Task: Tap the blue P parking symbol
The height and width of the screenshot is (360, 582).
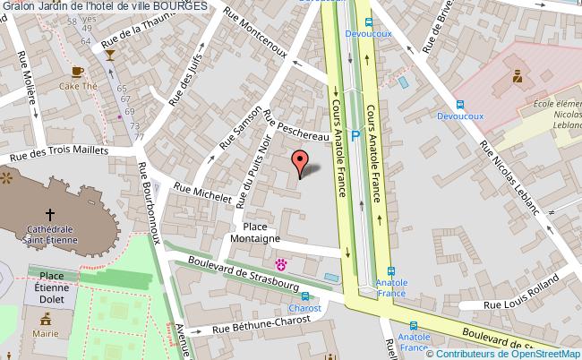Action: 355,136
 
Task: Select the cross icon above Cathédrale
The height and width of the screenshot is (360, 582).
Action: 49,214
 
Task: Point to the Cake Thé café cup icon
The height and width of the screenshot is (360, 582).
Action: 78,70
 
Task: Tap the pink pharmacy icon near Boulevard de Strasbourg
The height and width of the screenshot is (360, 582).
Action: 282,264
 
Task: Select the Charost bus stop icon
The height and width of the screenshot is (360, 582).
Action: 307,296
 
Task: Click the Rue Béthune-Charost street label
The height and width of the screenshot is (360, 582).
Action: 256,325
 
